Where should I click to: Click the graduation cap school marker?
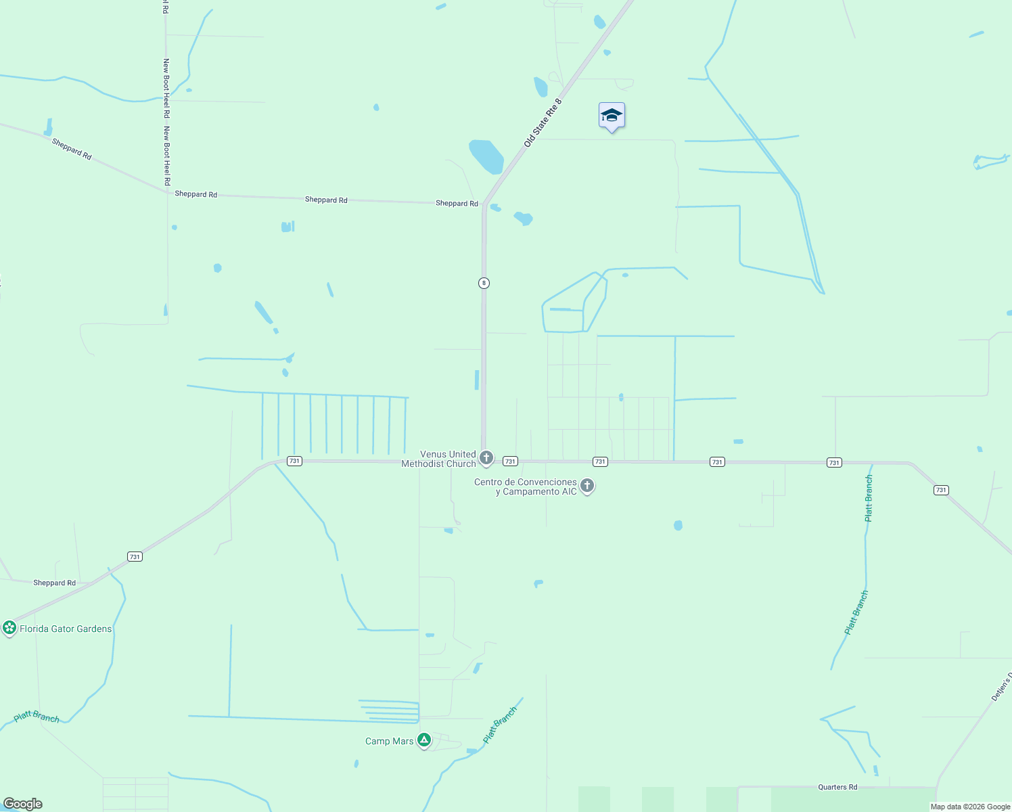(612, 116)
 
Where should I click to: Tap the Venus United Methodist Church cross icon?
(486, 459)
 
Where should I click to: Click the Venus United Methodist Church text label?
(439, 459)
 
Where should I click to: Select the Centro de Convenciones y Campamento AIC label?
(526, 487)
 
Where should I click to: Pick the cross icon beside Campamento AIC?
(587, 486)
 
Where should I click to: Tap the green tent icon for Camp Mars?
(424, 740)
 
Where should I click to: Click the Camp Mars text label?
(389, 742)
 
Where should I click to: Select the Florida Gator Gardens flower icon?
(9, 628)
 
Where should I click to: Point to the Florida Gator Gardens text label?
(66, 629)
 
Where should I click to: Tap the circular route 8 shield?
(484, 283)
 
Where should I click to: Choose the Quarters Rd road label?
(837, 787)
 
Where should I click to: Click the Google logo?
(23, 804)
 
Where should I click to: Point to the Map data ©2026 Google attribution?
(970, 807)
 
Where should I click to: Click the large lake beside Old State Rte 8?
(486, 156)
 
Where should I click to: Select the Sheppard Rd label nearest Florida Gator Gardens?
(54, 583)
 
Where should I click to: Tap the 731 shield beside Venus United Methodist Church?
(510, 461)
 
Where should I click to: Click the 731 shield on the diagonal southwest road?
(135, 557)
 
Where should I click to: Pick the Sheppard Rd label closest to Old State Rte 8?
(457, 203)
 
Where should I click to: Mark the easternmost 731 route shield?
(941, 490)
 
